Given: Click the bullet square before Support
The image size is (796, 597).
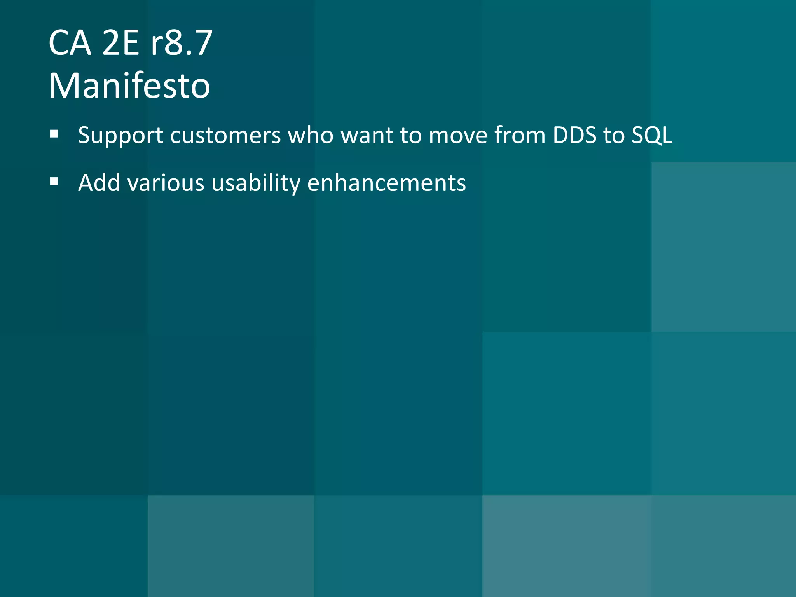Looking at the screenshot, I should (x=54, y=134).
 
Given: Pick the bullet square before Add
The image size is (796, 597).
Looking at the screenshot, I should (x=54, y=182).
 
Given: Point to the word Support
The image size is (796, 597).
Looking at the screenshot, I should (x=120, y=136).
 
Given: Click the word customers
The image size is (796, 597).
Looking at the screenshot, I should (x=225, y=136).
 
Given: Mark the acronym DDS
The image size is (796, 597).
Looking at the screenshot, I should (x=574, y=136).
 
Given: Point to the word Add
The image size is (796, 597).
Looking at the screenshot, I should (x=99, y=183).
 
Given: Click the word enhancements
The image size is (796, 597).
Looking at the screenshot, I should (x=386, y=183).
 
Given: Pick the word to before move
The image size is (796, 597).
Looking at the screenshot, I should (x=411, y=136).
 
